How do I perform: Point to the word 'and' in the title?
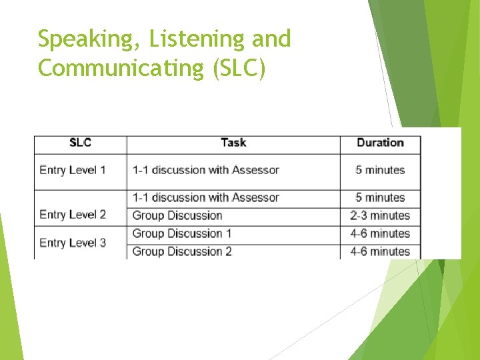click(x=271, y=40)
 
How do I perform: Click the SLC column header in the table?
click(x=80, y=143)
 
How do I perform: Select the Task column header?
click(x=233, y=143)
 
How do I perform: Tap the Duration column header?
click(x=380, y=143)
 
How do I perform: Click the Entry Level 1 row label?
click(x=73, y=170)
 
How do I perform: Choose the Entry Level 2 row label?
click(x=73, y=215)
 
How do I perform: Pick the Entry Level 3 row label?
click(x=73, y=243)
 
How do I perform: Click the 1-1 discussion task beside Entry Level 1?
click(x=205, y=170)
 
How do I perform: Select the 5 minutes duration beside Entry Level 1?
click(x=380, y=170)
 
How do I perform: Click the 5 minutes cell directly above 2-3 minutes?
click(x=380, y=197)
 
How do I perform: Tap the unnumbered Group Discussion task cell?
click(x=177, y=215)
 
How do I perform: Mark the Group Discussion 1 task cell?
click(x=182, y=233)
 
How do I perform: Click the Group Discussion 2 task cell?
click(x=182, y=251)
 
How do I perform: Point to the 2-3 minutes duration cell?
click(x=380, y=215)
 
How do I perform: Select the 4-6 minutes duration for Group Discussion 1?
click(x=380, y=233)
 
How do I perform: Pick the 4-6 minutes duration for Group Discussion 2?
click(x=380, y=251)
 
